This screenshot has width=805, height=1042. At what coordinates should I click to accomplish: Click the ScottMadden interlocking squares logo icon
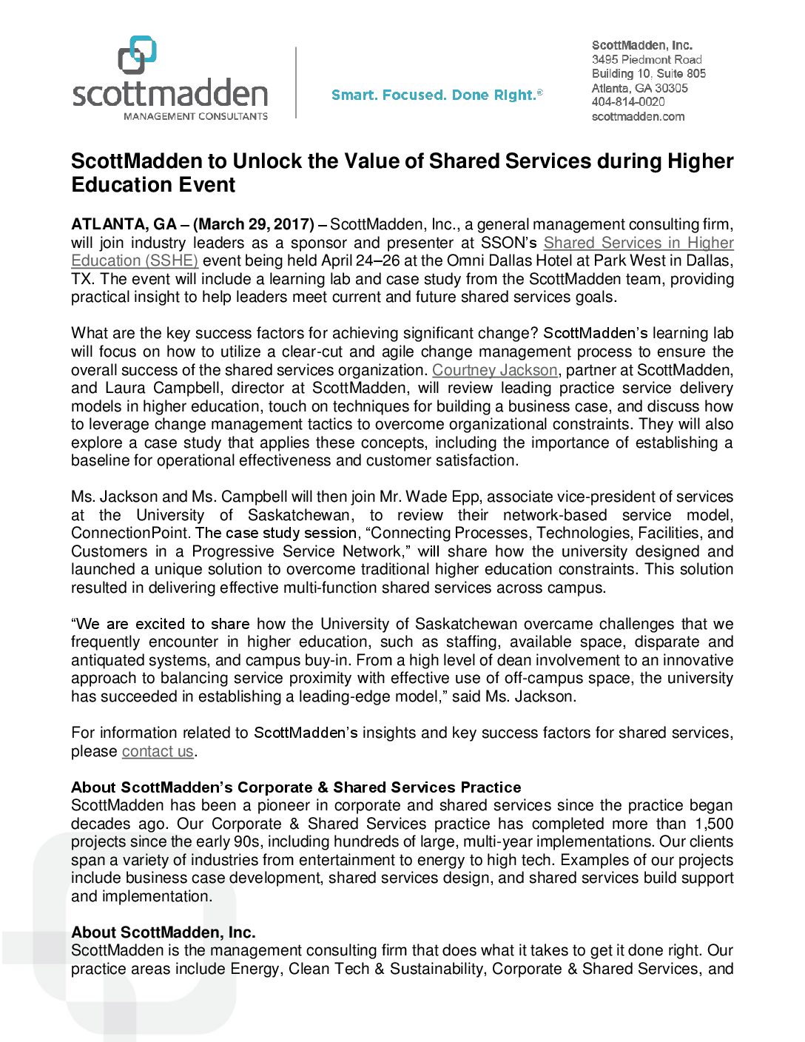coord(138,55)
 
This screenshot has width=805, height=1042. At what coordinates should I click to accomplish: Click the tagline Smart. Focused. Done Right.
coord(436,95)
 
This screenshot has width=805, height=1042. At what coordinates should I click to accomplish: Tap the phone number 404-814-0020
coord(627,102)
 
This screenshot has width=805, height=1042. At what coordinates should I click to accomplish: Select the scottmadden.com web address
coord(638,116)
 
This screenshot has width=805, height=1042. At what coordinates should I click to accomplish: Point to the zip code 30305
coord(671,88)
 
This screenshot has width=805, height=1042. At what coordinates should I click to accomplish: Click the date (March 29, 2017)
coord(254,224)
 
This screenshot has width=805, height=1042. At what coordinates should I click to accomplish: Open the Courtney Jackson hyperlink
coord(494,370)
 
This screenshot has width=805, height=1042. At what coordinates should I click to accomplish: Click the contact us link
coord(158,751)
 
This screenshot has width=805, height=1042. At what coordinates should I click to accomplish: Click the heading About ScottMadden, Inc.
coord(163,932)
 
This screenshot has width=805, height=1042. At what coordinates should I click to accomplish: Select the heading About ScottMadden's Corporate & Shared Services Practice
coord(296,787)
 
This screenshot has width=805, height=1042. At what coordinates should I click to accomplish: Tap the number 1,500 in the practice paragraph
coord(714,824)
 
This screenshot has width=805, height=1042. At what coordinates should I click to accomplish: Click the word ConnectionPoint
coord(131,533)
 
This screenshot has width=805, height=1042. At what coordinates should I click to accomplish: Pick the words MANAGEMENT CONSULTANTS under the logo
coord(195,116)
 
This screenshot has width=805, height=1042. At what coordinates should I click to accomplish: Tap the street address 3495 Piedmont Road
coord(646,59)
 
